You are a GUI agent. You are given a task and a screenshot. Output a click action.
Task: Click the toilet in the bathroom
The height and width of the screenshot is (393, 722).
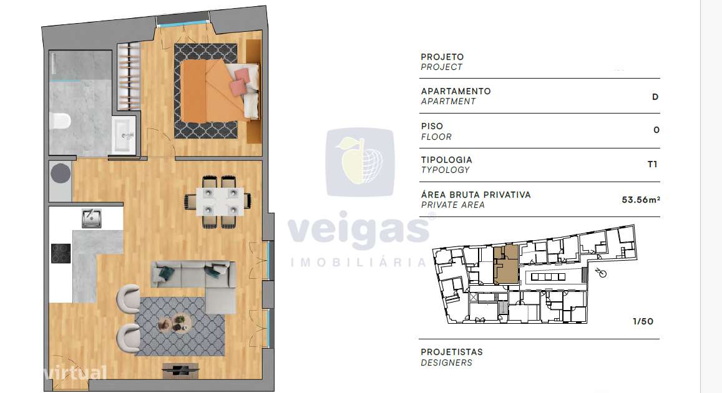pos(61,120)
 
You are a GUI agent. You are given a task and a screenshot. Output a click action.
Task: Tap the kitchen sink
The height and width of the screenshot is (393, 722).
pos(92,218)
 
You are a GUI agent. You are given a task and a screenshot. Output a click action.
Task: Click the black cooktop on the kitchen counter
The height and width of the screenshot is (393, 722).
pos(61,253)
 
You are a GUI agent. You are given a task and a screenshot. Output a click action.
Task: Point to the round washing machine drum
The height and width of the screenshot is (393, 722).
pos(61,171)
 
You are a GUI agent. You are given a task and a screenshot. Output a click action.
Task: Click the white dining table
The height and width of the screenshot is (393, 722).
pos(218,201)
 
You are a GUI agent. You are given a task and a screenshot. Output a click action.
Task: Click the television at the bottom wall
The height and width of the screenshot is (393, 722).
pos(182,370)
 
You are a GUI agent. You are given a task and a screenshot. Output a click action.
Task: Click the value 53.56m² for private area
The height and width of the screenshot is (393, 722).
pos(641,200)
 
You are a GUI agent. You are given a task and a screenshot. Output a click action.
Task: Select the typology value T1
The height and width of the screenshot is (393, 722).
pos(653,165)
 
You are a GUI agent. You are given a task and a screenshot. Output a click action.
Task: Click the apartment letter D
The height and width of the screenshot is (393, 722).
pos(655,97)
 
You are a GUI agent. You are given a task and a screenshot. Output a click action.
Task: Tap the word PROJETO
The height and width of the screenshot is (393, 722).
pos(442,57)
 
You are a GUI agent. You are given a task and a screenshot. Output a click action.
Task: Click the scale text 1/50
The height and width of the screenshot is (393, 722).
pos(643,322)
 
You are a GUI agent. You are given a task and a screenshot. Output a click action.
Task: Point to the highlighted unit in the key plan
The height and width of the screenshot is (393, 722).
pos(505,264)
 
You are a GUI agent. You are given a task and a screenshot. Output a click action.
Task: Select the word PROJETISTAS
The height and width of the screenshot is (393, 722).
pos(452,352)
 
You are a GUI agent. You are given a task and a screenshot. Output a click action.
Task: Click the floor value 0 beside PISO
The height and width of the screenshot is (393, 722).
pos(656,130)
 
